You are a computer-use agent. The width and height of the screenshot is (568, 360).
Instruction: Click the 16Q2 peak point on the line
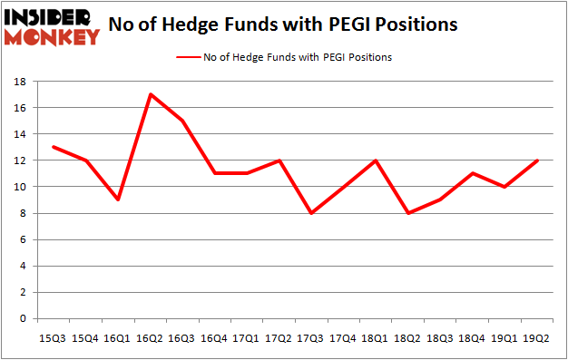tap(151, 94)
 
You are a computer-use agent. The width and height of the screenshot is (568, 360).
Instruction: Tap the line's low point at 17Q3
tap(310, 213)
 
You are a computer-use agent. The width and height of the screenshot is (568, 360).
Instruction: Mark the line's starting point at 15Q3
tap(54, 147)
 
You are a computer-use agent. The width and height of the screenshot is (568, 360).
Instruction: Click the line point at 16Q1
tap(118, 200)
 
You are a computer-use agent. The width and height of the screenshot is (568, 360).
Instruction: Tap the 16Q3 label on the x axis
tap(182, 337)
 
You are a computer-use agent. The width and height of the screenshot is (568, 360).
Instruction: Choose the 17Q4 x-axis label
tap(343, 337)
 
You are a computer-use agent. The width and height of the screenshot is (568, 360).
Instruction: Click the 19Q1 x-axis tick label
tap(504, 337)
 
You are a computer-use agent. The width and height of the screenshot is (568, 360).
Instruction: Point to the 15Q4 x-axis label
tap(86, 337)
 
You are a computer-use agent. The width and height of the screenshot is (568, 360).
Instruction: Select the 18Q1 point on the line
tap(375, 161)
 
